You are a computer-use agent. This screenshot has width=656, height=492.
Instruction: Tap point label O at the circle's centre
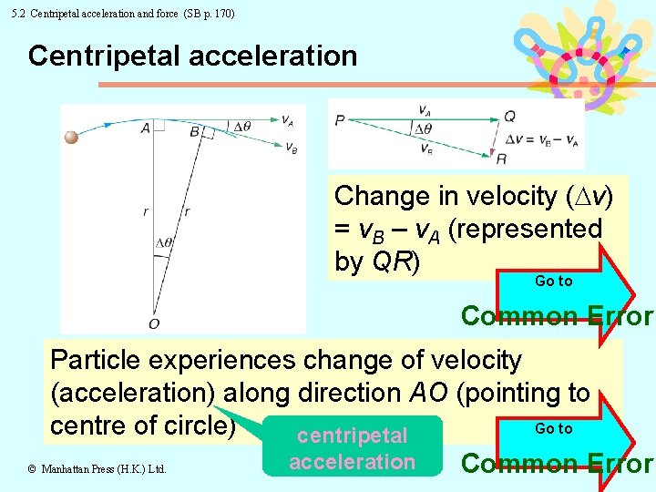[x=154, y=323]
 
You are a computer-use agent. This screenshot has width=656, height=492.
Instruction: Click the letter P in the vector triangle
[x=339, y=119]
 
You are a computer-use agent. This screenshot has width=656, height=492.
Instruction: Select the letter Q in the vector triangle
[x=509, y=116]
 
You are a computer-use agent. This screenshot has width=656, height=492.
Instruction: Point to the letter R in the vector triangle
[x=501, y=159]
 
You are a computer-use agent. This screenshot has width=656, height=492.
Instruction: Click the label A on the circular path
[x=146, y=128]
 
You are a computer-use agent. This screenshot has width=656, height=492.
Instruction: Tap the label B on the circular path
[x=195, y=132]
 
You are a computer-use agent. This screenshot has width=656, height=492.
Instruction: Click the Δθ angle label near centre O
[x=164, y=242]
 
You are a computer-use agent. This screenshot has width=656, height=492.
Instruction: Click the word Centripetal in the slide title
[x=98, y=56]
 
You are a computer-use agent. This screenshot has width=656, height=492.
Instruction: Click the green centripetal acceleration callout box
[x=352, y=447]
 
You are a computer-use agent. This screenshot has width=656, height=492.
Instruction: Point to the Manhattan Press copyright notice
[x=97, y=469]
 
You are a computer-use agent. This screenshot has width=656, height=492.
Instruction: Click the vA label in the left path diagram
[x=287, y=119]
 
